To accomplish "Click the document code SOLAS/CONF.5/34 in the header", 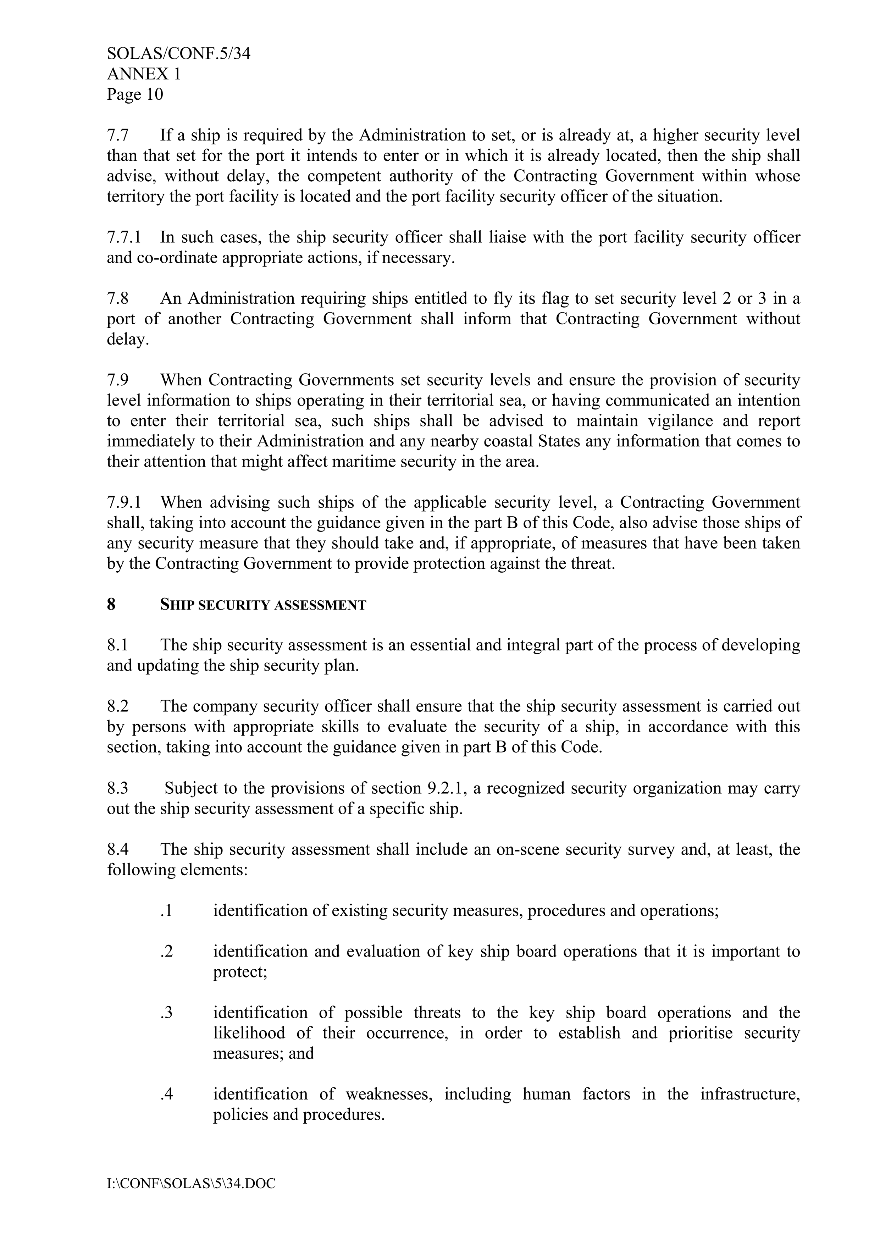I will [178, 54].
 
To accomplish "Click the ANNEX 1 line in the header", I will [144, 74].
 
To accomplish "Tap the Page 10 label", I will [135, 94].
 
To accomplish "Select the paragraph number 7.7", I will [118, 135].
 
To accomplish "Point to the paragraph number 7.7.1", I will [124, 237].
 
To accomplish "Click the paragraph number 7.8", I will [118, 298].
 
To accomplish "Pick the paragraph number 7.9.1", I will [124, 502].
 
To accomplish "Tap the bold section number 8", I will [111, 605].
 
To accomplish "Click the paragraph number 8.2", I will [118, 706].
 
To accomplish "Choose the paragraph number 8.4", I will [118, 849].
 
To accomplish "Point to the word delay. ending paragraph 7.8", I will [128, 340].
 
